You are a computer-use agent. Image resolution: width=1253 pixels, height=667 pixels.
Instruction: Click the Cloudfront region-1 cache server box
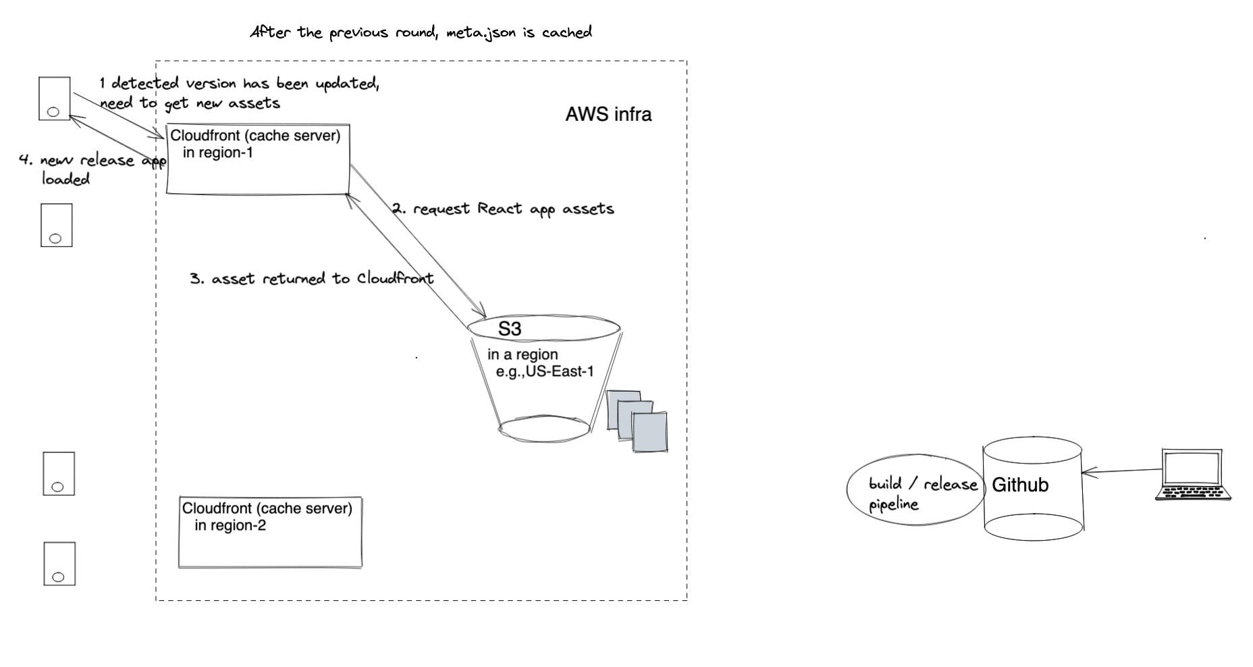point(258,159)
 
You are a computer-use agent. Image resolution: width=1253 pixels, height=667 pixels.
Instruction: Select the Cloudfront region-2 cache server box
point(270,533)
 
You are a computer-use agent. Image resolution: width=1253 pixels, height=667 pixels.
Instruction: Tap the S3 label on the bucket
point(510,329)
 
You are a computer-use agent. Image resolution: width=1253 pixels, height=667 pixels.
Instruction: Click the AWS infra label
point(608,115)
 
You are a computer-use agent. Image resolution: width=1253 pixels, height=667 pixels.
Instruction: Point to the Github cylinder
point(1033,487)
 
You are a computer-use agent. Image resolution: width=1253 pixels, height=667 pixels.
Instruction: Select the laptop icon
point(1192,475)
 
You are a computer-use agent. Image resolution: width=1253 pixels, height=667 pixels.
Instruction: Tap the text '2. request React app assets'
point(504,209)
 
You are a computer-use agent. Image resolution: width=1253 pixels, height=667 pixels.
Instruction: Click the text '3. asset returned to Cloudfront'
point(312,279)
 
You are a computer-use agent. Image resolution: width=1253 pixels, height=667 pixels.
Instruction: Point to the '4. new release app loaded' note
point(88,169)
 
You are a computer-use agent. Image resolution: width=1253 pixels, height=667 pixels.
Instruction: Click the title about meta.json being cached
point(421,32)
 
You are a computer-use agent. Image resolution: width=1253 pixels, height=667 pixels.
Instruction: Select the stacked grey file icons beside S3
point(637,420)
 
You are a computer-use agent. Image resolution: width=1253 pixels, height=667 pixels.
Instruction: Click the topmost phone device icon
point(55,99)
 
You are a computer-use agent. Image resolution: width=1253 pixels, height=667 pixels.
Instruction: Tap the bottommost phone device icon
point(59,564)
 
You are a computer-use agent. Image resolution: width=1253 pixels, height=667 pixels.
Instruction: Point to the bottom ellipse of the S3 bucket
point(544,429)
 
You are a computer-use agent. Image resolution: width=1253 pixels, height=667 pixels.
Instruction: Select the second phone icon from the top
point(56,225)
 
